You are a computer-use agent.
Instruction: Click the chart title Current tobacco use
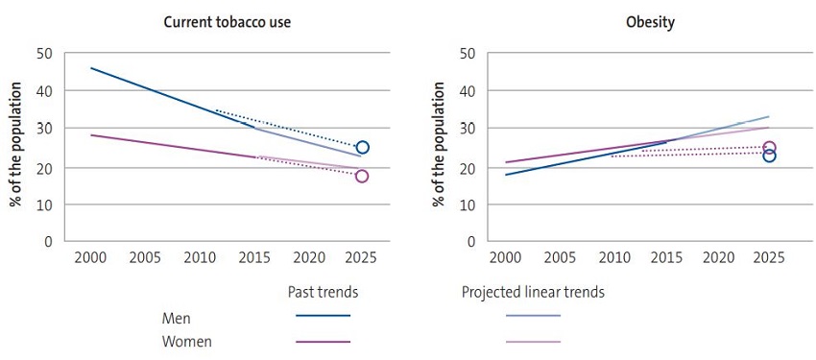coord(227,22)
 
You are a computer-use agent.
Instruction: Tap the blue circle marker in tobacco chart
coord(362,148)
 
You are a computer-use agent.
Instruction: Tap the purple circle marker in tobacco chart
coord(362,176)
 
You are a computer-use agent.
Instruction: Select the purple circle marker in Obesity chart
coord(769,148)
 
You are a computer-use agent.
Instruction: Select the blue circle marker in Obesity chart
coord(769,156)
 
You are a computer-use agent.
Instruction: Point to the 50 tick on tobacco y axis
coord(44,53)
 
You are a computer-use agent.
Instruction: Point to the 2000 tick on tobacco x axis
coord(90,258)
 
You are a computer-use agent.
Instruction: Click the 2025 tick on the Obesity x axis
coord(769,258)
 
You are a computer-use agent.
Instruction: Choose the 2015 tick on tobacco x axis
coord(253,258)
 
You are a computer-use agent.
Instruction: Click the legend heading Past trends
coord(324,292)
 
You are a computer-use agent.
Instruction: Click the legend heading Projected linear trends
coord(533,292)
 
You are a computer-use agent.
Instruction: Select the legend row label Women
coord(187,341)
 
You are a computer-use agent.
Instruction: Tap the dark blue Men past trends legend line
coord(324,315)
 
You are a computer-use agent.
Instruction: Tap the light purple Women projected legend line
coord(533,341)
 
